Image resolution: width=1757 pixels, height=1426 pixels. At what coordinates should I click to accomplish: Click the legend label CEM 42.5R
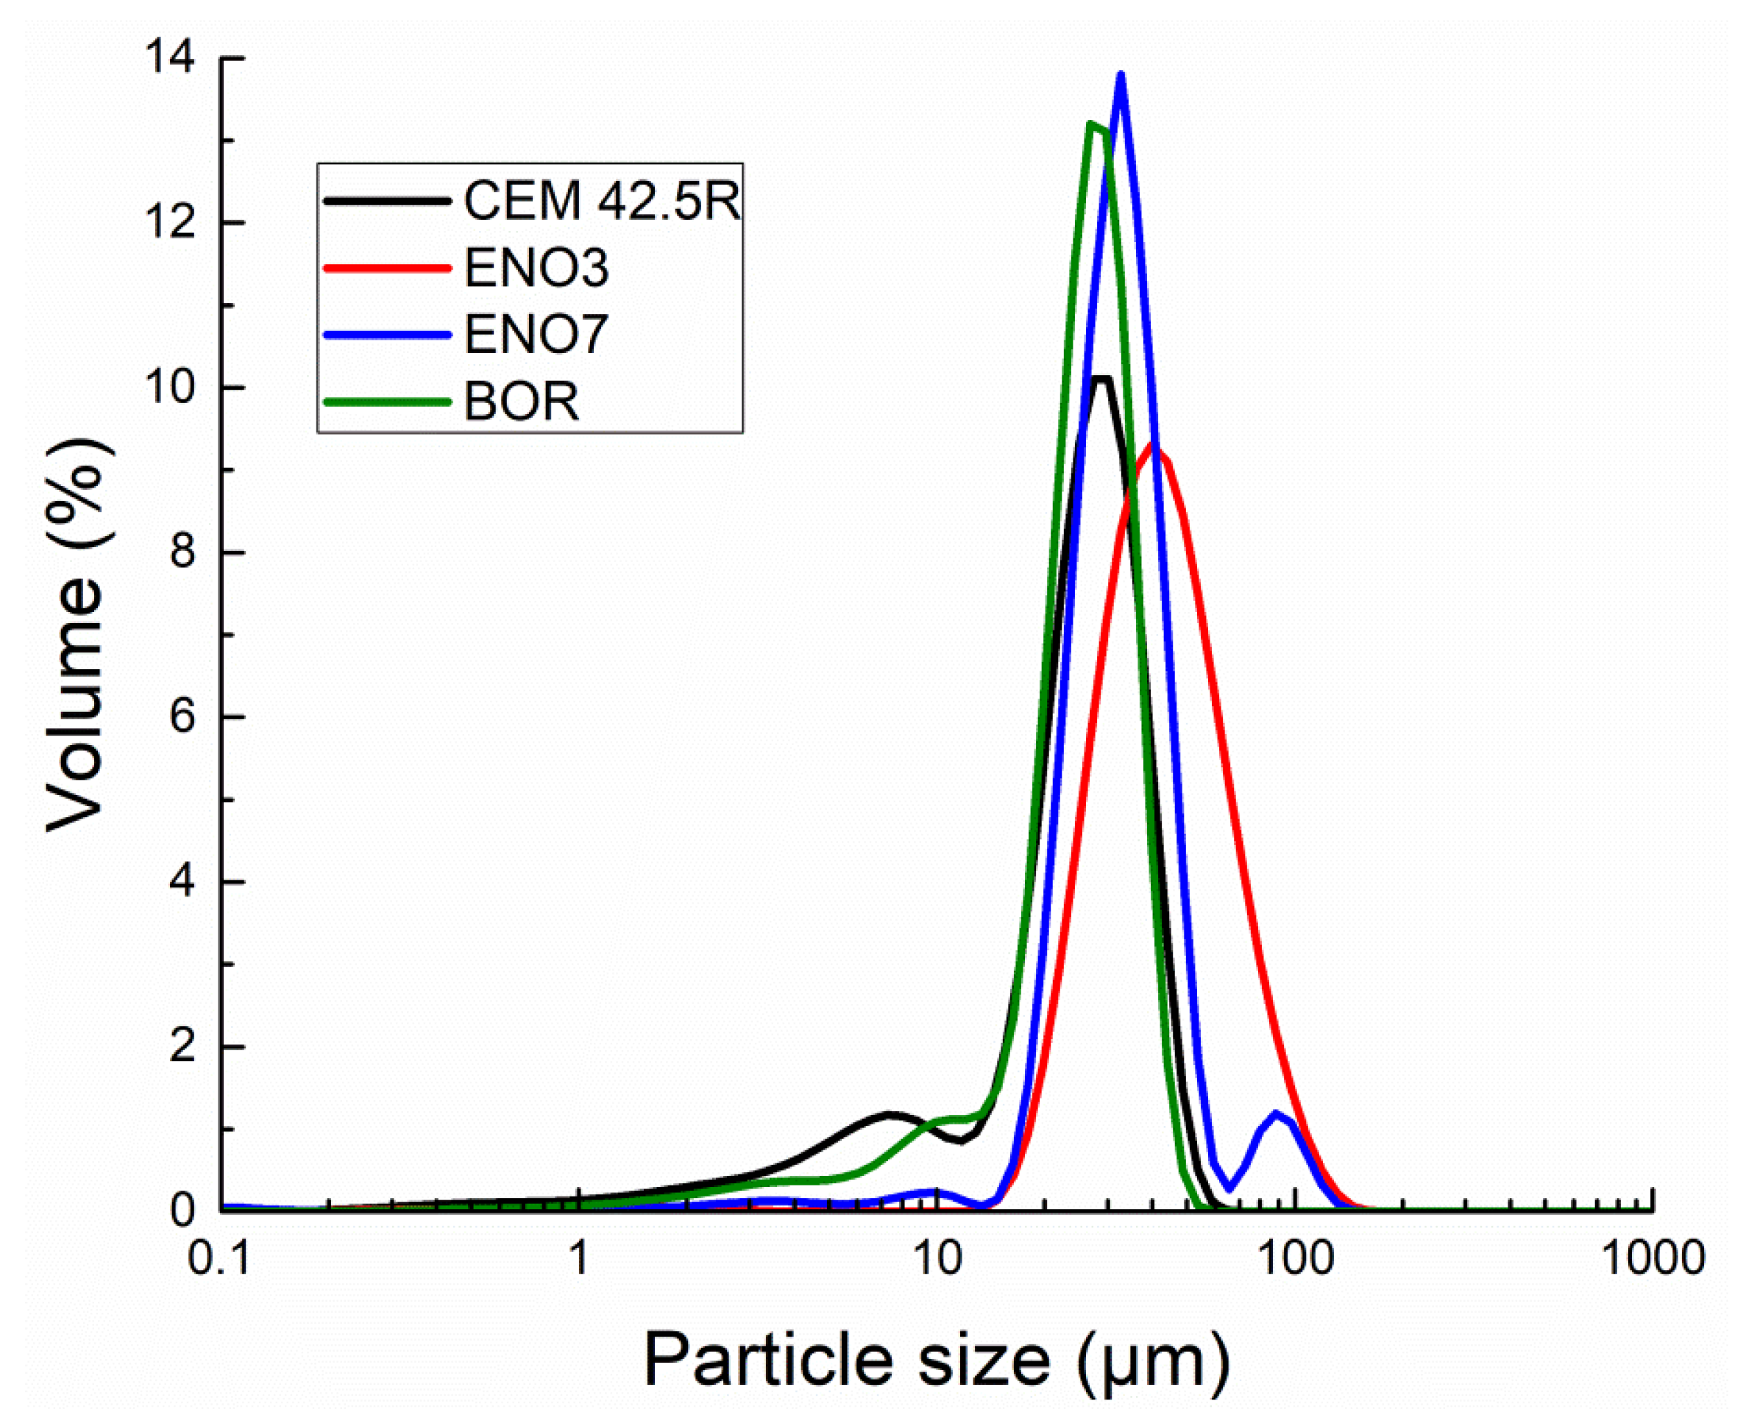point(603,201)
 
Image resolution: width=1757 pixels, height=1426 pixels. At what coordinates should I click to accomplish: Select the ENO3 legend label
point(536,268)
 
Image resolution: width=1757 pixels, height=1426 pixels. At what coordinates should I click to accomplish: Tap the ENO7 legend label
point(536,335)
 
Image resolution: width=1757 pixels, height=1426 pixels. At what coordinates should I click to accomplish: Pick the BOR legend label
point(522,402)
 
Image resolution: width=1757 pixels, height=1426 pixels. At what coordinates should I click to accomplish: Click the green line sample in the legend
point(387,402)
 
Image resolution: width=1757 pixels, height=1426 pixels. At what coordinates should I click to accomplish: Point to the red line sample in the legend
point(387,268)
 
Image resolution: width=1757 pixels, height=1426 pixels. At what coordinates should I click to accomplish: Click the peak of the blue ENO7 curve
point(1120,76)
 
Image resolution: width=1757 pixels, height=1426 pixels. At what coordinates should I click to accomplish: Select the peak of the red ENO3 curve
point(1157,448)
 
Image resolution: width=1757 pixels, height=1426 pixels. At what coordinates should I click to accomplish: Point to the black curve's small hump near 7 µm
point(890,1115)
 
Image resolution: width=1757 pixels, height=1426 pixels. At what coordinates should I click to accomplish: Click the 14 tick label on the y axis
point(170,58)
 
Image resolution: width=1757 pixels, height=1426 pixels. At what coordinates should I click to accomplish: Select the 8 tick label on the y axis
point(182,552)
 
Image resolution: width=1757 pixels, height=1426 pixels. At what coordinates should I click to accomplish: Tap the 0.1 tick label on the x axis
point(219,1258)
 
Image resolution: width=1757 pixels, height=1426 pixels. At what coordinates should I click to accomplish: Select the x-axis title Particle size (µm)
point(936,1360)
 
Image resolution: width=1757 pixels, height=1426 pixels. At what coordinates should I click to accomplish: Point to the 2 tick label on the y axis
point(182,1047)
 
